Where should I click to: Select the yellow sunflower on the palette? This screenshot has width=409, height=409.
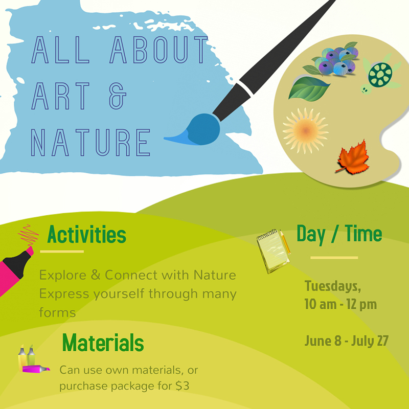coord(305,130)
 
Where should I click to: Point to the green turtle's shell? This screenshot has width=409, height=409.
coord(380,74)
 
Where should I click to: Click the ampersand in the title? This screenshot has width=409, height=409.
coord(118,96)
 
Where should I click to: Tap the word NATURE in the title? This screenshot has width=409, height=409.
coord(90,142)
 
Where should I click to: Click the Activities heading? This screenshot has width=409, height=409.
coord(86,234)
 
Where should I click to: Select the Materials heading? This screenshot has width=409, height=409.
coord(103,342)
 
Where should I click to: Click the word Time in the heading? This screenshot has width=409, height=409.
coord(363,233)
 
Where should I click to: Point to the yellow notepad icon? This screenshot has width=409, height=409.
coord(273,251)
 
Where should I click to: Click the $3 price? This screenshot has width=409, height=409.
coord(183,386)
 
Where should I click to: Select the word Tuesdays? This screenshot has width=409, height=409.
coord(333,286)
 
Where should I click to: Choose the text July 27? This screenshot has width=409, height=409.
coord(370,340)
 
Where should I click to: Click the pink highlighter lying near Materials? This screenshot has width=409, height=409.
coord(36,369)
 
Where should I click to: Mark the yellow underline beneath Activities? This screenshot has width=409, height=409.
coord(62,252)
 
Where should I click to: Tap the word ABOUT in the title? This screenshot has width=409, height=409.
coord(159,50)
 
